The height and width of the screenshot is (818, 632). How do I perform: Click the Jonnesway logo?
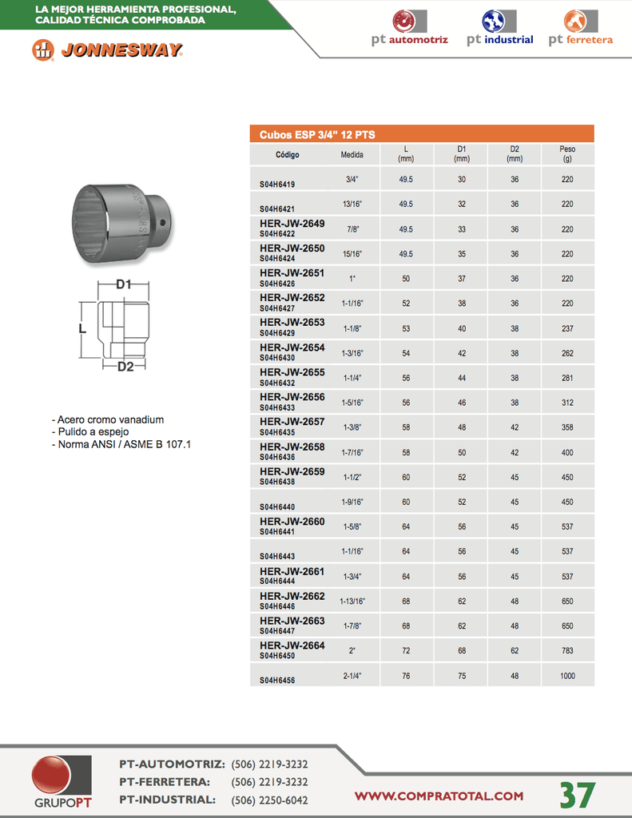click(x=108, y=50)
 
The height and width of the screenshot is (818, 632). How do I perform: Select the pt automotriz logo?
click(x=409, y=28)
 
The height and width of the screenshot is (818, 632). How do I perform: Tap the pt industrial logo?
click(x=499, y=28)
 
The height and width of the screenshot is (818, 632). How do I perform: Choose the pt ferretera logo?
click(x=581, y=28)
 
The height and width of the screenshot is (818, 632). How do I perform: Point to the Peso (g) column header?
click(x=567, y=153)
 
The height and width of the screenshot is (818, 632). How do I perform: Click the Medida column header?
click(x=352, y=154)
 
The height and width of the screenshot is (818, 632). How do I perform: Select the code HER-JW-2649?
click(x=292, y=224)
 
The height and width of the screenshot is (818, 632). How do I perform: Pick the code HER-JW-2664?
click(x=292, y=645)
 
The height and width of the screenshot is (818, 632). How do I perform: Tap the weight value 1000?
click(x=567, y=676)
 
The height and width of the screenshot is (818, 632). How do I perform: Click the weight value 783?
click(x=567, y=651)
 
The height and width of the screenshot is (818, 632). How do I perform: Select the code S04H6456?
click(x=277, y=681)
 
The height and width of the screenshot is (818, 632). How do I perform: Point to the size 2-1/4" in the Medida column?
click(x=352, y=676)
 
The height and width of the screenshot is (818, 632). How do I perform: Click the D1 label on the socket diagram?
click(x=123, y=284)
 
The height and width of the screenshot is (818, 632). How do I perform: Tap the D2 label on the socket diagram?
click(x=125, y=367)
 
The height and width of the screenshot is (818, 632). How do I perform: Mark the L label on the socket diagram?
click(x=82, y=328)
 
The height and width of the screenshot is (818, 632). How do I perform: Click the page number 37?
click(x=577, y=795)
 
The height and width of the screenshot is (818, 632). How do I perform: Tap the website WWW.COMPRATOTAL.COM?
click(x=439, y=796)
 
